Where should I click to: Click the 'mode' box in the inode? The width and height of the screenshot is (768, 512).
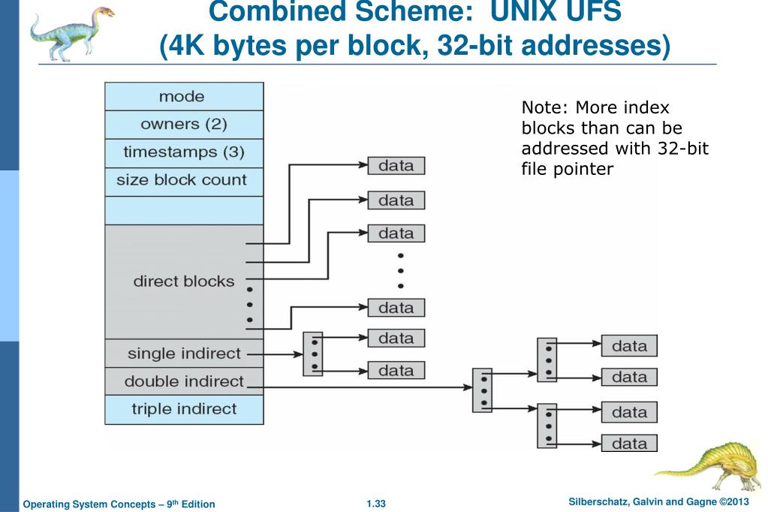click(x=184, y=97)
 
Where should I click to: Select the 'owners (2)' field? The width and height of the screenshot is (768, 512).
click(x=184, y=125)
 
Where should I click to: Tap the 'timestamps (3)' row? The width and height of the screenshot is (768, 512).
click(x=184, y=153)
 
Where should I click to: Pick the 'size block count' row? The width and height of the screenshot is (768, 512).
click(x=184, y=181)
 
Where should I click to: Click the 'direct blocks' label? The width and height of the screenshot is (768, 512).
click(x=184, y=282)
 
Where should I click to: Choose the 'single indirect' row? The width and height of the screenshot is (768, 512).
click(x=184, y=354)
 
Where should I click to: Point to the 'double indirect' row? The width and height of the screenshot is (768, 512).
click(x=184, y=381)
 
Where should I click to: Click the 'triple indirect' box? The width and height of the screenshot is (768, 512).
click(x=184, y=409)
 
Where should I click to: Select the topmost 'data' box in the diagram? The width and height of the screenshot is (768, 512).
click(x=396, y=166)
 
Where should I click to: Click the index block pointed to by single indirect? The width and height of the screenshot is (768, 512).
click(x=313, y=354)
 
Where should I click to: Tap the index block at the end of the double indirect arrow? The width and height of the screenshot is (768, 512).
click(x=482, y=390)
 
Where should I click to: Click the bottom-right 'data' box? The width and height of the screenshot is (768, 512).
click(x=629, y=443)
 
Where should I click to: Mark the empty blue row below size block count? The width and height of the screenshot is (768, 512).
click(x=184, y=211)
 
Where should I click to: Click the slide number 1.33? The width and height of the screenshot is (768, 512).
click(x=375, y=504)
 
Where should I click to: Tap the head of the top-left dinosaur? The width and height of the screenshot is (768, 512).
click(x=103, y=12)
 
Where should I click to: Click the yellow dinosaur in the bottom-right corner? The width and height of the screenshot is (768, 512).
click(x=710, y=465)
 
